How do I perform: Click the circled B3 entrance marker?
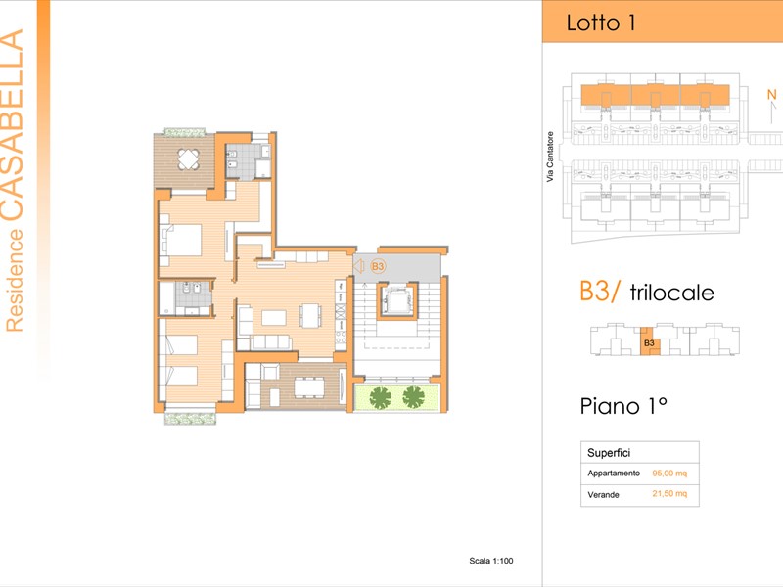coord(378,266)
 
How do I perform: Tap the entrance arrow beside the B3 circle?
coord(359,266)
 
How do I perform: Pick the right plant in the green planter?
coord(414,396)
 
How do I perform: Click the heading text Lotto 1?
coord(601,23)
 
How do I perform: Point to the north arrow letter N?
coord(770,94)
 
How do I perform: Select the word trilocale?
coord(671,293)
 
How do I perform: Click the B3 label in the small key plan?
coord(648,343)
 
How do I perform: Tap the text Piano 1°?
coord(622,405)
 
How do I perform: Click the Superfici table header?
coord(608,452)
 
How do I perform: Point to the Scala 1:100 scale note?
coord(491,561)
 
